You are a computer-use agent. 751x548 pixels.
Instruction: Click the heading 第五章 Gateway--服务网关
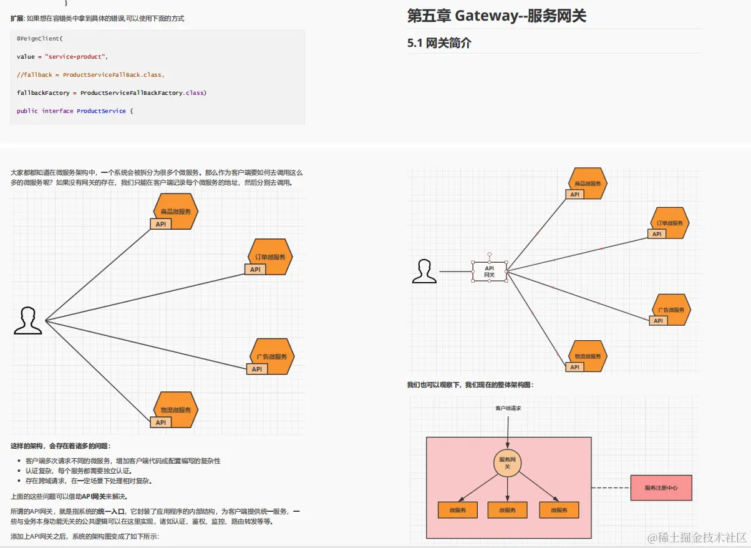[497, 16]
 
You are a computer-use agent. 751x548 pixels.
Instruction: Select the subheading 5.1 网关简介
[439, 43]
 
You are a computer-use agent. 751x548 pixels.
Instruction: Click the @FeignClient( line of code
[39, 39]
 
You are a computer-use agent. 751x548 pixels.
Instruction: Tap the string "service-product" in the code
[76, 57]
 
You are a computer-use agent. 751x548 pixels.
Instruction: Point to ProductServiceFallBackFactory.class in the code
[143, 93]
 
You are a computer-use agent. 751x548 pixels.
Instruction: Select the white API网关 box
[490, 271]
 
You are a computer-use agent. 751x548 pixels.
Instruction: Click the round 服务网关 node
[507, 463]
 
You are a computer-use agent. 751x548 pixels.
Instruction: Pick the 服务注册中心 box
[661, 487]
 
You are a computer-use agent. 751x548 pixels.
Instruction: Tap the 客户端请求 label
[508, 408]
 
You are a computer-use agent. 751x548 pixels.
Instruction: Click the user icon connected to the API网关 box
[425, 272]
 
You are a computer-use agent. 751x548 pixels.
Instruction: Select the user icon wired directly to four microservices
[28, 321]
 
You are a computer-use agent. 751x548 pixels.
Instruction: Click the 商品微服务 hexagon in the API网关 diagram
[588, 183]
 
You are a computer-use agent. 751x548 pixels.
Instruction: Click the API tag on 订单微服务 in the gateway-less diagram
[255, 270]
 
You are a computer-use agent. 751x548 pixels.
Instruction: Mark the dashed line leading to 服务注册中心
[611, 487]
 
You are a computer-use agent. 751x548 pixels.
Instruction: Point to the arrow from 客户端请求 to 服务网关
[508, 431]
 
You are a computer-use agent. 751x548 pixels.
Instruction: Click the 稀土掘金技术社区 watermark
[697, 538]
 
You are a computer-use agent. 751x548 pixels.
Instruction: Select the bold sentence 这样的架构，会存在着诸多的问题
[61, 446]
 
